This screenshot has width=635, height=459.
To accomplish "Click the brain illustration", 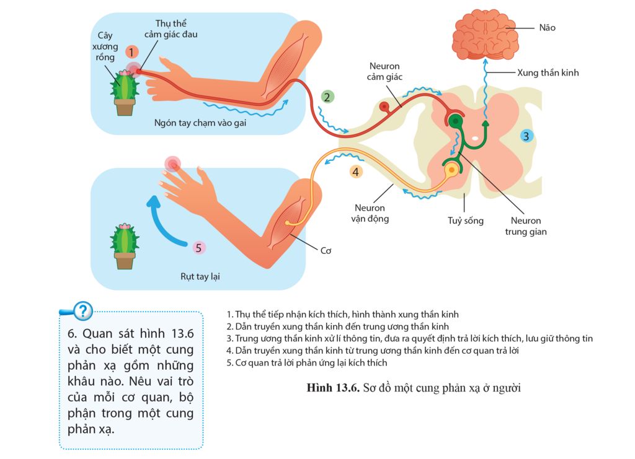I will (484, 33).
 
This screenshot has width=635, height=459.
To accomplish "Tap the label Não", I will (547, 28).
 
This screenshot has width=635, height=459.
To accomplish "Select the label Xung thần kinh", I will (548, 72).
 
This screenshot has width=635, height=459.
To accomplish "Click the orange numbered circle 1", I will (131, 52).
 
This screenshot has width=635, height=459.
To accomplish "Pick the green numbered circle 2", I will (327, 96).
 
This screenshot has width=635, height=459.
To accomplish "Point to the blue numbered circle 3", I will (526, 136).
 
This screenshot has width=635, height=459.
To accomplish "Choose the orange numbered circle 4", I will (355, 172).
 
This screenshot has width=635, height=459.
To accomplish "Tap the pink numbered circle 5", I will (198, 248).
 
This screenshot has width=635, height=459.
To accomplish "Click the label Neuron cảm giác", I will (384, 71).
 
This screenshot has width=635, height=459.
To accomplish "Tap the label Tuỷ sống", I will (466, 221).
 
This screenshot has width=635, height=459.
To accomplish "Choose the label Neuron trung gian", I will (526, 226).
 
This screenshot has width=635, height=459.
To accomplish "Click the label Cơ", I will (326, 251).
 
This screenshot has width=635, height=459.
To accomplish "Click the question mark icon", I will (82, 310).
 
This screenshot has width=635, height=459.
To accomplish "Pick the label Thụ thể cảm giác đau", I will (171, 28).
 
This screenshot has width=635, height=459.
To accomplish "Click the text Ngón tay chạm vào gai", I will (198, 123).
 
